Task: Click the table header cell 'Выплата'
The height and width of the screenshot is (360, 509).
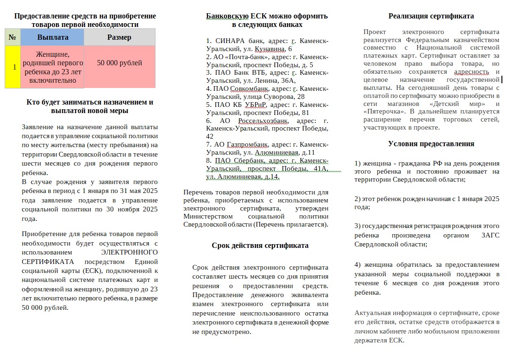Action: point(52,37)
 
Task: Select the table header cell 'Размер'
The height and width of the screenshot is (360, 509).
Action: point(119,37)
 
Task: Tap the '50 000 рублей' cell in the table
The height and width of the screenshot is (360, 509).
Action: point(119,63)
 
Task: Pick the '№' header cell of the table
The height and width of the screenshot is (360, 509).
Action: point(12,37)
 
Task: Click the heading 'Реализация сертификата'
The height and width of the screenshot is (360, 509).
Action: point(431,16)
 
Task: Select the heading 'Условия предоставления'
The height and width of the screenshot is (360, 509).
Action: point(431,144)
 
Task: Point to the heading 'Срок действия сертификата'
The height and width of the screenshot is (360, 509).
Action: point(260,246)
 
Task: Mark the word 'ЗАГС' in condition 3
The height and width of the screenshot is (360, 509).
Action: point(490,235)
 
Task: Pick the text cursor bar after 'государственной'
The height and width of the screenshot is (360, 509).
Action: point(501,80)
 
